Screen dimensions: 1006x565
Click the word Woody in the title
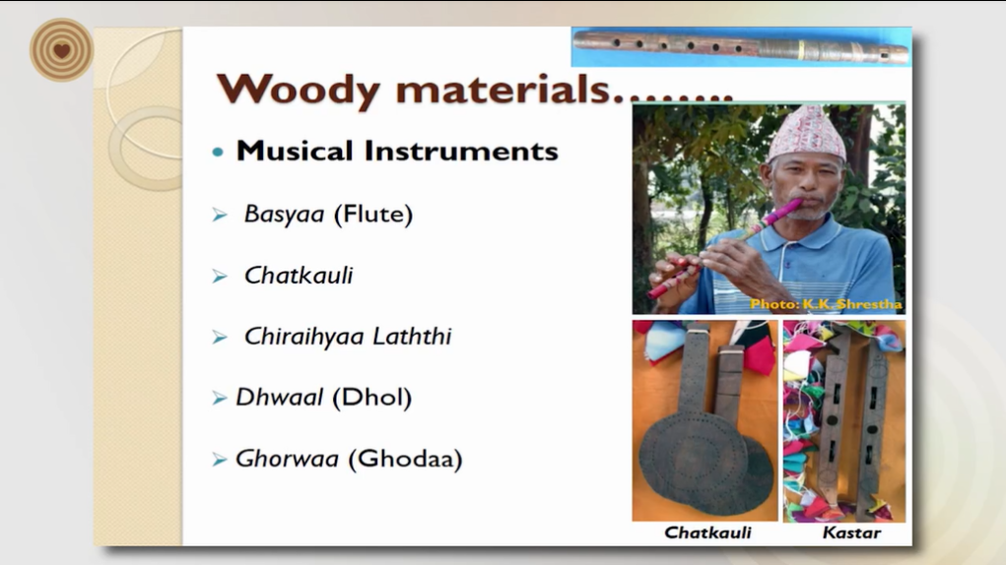pyautogui.click(x=299, y=89)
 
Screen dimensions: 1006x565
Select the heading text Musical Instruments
pyautogui.click(x=397, y=152)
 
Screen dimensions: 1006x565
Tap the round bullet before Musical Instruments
pyautogui.click(x=218, y=153)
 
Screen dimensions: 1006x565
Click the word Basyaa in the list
pyautogui.click(x=284, y=215)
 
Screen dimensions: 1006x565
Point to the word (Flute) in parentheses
pyautogui.click(x=373, y=214)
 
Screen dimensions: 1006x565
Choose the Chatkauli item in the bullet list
pyautogui.click(x=299, y=276)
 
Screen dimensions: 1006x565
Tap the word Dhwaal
pyautogui.click(x=279, y=398)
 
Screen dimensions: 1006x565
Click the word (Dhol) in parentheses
pyautogui.click(x=372, y=398)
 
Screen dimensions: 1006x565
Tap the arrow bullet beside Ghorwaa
pyautogui.click(x=220, y=460)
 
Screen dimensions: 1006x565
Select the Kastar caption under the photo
pyautogui.click(x=851, y=533)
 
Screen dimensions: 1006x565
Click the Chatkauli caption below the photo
pyautogui.click(x=707, y=533)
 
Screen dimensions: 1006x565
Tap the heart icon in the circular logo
pyautogui.click(x=62, y=50)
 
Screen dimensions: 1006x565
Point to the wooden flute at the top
pyautogui.click(x=741, y=47)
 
